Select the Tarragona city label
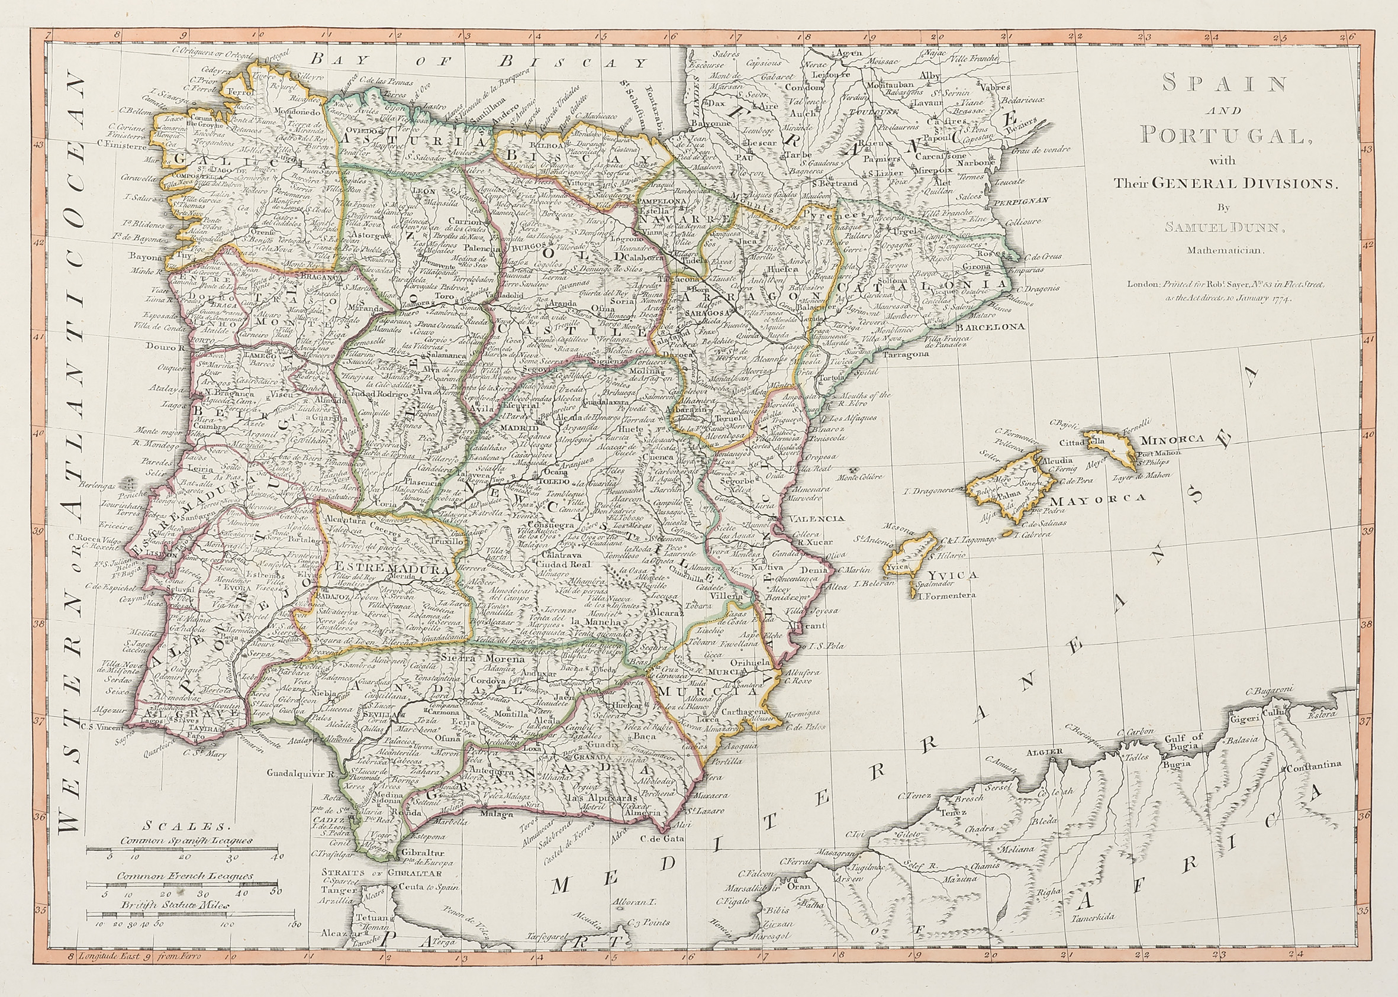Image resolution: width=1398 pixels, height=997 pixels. (x=906, y=355)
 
